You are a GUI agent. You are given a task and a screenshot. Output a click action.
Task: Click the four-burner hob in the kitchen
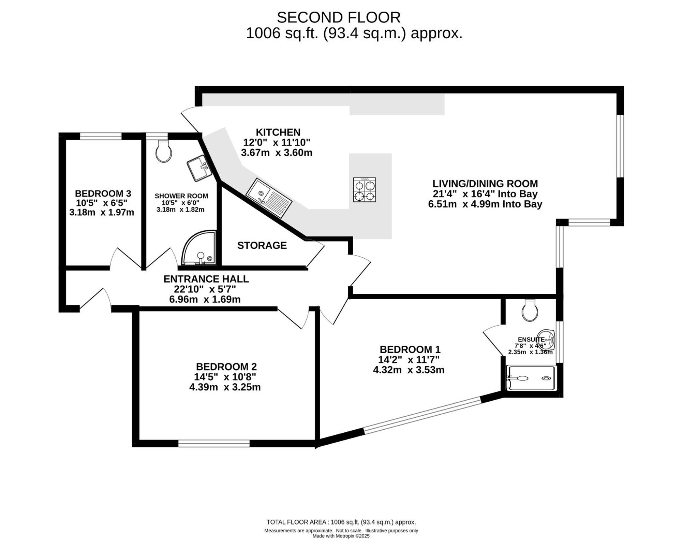click(364, 189)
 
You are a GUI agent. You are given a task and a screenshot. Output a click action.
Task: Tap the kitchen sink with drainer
click(269, 198)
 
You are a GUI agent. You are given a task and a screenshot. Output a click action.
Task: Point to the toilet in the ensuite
click(530, 310)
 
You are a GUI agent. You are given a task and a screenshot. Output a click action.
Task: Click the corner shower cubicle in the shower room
click(199, 248)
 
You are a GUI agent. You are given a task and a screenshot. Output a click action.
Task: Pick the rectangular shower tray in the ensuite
click(531, 378)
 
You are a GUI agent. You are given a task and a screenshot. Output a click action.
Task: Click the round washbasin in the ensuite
click(547, 340)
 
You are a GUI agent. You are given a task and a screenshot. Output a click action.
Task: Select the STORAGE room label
click(262, 245)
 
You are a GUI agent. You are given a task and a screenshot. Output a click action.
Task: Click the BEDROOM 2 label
click(226, 367)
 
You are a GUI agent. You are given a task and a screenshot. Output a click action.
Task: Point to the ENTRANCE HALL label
click(206, 279)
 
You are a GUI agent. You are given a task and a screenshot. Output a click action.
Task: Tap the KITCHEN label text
click(278, 132)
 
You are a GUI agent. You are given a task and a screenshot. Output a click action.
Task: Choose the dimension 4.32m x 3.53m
click(409, 370)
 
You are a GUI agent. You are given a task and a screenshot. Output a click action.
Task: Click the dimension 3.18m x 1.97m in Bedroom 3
click(102, 213)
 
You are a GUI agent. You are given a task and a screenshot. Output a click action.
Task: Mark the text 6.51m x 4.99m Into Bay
click(485, 204)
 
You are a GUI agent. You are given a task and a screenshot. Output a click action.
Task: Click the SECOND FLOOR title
click(339, 17)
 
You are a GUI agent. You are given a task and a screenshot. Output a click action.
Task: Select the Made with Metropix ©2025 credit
click(341, 536)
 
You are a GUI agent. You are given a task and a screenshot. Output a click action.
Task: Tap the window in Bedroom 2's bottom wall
click(214, 443)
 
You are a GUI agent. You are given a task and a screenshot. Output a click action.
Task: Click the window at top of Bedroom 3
click(101, 137)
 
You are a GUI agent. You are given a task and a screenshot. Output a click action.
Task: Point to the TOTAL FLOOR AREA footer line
click(341, 522)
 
